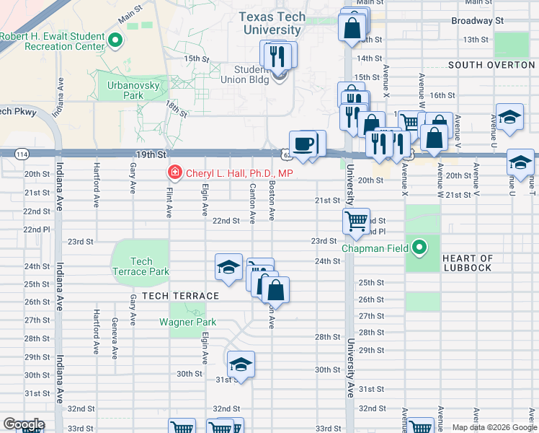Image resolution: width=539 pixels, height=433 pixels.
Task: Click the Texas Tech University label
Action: coord(272,24)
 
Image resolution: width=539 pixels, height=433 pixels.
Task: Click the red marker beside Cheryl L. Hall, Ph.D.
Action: coord(174,173)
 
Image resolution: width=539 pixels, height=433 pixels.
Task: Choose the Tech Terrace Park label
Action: coord(141,266)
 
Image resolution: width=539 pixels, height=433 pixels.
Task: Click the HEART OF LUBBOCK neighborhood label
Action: coord(468,263)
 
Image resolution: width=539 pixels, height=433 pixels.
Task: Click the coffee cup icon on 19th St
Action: coord(303,143)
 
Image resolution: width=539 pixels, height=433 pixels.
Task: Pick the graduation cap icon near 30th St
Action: coord(241,364)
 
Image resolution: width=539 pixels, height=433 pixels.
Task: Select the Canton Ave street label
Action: coord(252,203)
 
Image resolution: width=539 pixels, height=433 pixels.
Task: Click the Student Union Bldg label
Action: coord(251,74)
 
